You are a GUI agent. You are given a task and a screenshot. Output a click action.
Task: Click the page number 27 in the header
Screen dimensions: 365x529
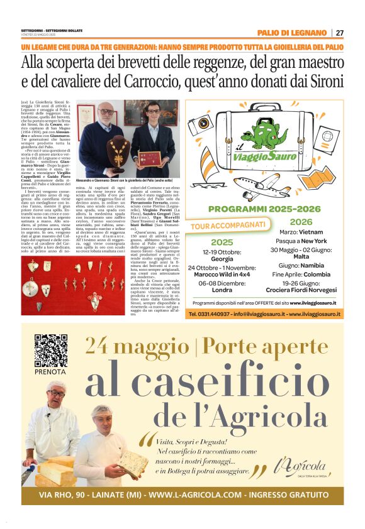pos(340,33)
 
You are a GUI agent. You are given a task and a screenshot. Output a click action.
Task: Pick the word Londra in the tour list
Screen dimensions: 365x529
pos(222,291)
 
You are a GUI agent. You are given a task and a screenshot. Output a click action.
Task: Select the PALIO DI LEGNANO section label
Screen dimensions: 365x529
pos(291,33)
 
